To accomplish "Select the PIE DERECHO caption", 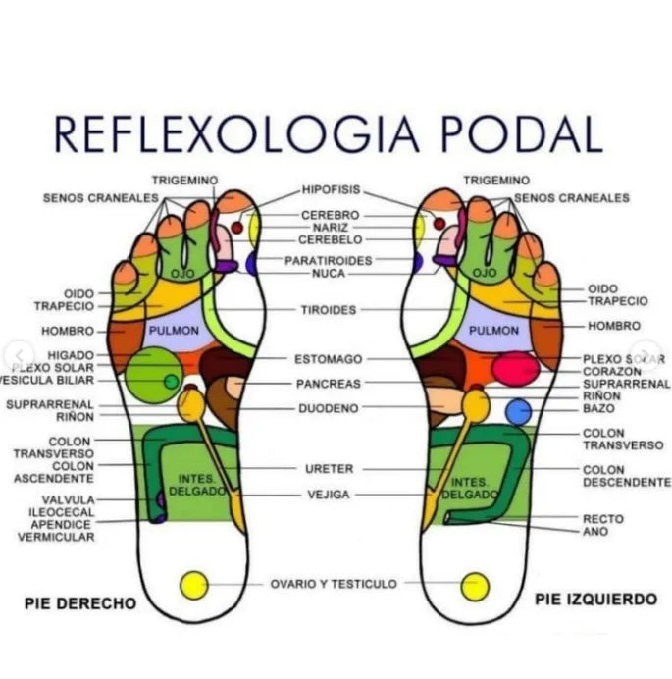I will pyautogui.click(x=79, y=603).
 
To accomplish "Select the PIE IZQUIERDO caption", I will pyautogui.click(x=595, y=598).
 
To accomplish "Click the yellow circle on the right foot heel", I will pyautogui.click(x=194, y=586).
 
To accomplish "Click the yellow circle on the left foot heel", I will pyautogui.click(x=475, y=586).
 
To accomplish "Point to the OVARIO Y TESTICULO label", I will pyautogui.click(x=334, y=584).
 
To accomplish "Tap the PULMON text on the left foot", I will pyautogui.click(x=493, y=331).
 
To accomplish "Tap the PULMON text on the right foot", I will pyautogui.click(x=174, y=331).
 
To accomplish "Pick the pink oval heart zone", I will pyautogui.click(x=515, y=369).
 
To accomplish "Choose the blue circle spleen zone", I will pyautogui.click(x=517, y=411).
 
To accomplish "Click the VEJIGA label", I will pyautogui.click(x=328, y=495).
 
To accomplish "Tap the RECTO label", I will pyautogui.click(x=602, y=518).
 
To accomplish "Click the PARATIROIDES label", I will pyautogui.click(x=329, y=261).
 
